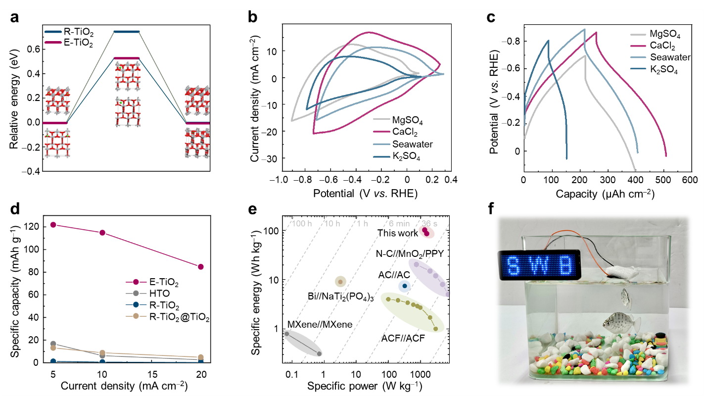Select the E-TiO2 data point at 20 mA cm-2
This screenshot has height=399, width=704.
tap(201, 267)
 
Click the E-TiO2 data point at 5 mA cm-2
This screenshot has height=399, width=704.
tap(53, 225)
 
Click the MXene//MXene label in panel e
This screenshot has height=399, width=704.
tap(320, 325)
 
